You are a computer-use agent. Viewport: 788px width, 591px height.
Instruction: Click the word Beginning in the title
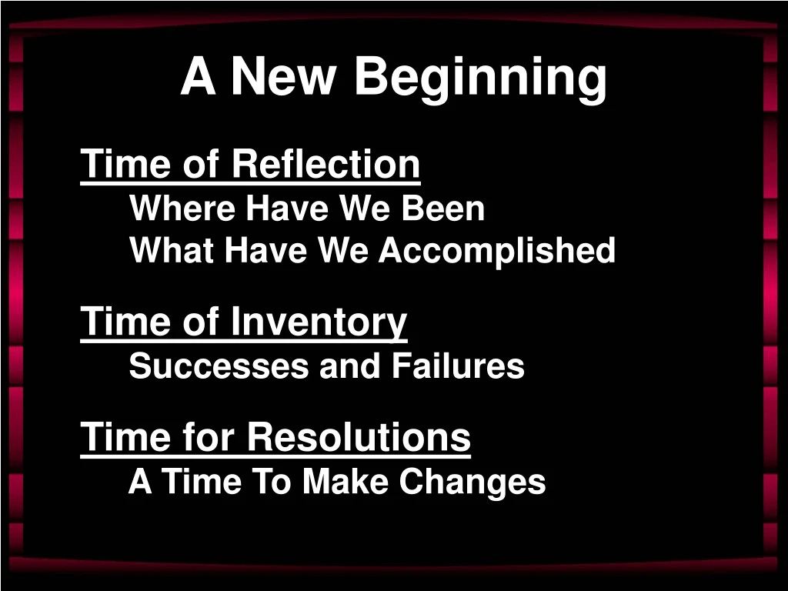point(480,78)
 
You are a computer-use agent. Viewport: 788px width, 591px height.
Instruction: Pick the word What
point(172,251)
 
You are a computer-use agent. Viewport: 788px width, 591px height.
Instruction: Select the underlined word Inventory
point(319,322)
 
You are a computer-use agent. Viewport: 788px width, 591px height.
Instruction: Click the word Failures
point(458,366)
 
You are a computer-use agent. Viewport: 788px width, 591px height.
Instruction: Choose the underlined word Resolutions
point(359,437)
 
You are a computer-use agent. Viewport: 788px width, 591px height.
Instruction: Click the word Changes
point(472,482)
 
